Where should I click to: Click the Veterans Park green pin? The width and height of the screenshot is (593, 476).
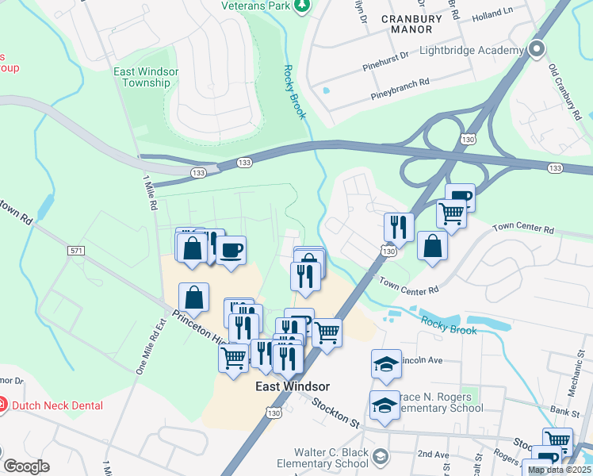[301, 6]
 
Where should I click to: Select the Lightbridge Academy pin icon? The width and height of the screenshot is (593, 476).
[537, 50]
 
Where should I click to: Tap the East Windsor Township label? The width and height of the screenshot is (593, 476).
[146, 77]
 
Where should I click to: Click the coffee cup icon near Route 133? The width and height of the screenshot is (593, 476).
[231, 251]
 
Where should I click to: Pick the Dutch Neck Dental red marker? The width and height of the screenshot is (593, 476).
[4, 405]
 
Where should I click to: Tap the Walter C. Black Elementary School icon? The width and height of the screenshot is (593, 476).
[381, 456]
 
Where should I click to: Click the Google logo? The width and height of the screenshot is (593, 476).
[27, 466]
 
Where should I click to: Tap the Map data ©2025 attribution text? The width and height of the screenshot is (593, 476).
[559, 470]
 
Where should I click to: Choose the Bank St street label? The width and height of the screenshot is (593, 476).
[564, 411]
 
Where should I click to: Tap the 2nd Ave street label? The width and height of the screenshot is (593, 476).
[434, 454]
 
